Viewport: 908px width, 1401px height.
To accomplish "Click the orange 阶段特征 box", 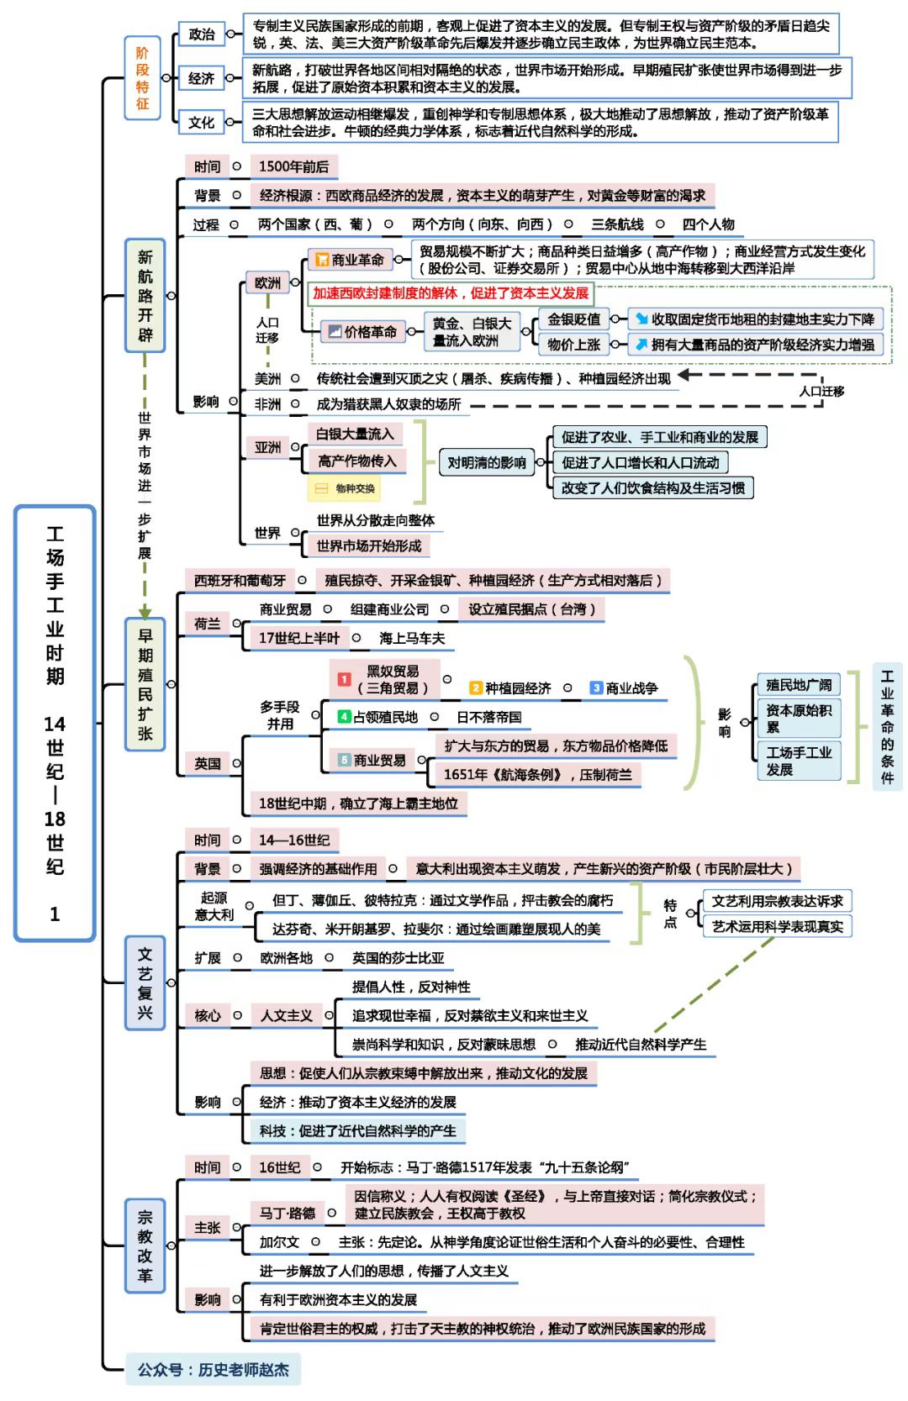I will pos(142,78).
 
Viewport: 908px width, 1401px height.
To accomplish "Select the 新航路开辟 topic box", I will pos(145,296).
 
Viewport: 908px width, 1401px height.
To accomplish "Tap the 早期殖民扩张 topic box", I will pos(145,684).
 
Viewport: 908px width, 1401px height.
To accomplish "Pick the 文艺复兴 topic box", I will pos(145,982).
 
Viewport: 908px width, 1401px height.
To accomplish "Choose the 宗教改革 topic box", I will pos(145,1246).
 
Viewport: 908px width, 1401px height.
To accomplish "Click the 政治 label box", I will pos(202,34).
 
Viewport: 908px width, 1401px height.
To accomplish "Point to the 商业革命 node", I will pos(350,260).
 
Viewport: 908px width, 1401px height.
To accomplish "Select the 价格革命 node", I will pos(361,332).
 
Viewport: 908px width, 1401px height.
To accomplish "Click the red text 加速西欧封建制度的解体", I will pos(451,293).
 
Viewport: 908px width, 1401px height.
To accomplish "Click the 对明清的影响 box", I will pos(486,462).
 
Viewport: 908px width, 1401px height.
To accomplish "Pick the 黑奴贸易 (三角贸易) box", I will pos(385,680).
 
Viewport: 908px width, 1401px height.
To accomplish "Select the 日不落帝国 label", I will pos(488,717).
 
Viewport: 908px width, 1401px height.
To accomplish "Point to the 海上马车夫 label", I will pos(411,639).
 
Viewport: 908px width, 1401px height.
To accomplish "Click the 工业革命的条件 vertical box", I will pos(887,726).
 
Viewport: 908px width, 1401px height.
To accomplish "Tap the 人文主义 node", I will pos(286,1015).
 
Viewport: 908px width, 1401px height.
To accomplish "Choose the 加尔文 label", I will pos(279,1242).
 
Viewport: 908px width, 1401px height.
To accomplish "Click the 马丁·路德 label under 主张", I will pos(287,1213).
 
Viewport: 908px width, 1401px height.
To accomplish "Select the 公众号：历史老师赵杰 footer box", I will pos(213,1370).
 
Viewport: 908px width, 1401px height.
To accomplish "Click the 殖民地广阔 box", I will pos(798,685).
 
